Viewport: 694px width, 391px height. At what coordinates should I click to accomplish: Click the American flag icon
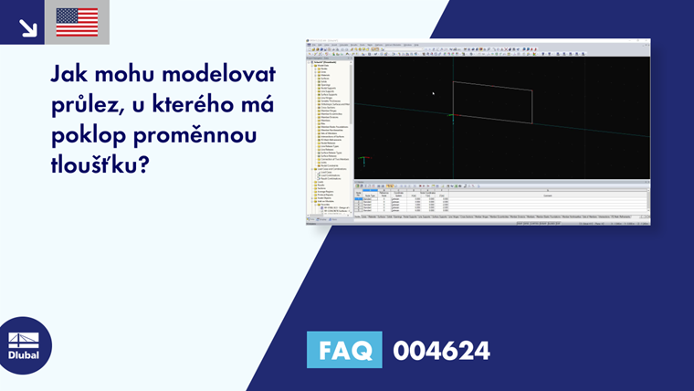77,22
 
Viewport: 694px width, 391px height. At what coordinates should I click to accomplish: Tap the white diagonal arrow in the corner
27,26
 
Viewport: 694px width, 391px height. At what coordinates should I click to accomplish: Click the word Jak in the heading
68,73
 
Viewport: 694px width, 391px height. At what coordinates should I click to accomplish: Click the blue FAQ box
344,349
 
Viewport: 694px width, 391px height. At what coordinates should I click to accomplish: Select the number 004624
441,350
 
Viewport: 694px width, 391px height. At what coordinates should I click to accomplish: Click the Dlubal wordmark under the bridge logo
24,355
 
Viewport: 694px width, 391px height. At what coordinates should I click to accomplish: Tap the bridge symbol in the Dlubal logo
24,339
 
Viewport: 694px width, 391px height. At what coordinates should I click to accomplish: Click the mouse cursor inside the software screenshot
433,92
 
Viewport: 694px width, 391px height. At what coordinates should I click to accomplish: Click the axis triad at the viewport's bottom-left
363,161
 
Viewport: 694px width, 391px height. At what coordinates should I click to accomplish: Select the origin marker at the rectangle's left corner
451,115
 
